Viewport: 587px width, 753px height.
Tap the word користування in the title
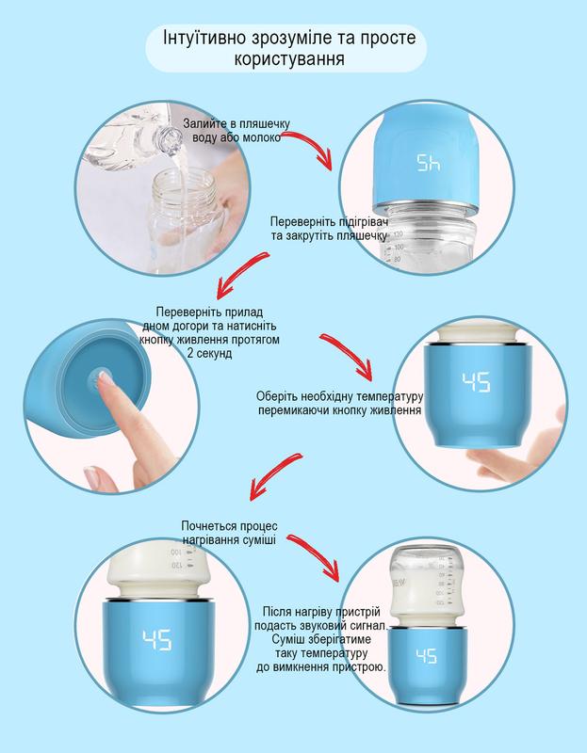point(289,58)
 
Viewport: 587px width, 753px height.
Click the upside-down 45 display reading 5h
point(429,163)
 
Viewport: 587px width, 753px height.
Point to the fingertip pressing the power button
point(104,379)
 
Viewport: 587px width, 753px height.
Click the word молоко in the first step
point(262,137)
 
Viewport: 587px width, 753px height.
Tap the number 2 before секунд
point(190,354)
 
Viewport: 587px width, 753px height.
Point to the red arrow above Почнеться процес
point(274,475)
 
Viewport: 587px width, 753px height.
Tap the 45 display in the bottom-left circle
point(156,640)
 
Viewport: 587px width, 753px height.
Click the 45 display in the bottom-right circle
point(427,656)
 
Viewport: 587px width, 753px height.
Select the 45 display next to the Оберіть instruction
point(476,382)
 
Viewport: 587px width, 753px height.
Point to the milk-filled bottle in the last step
point(426,585)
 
